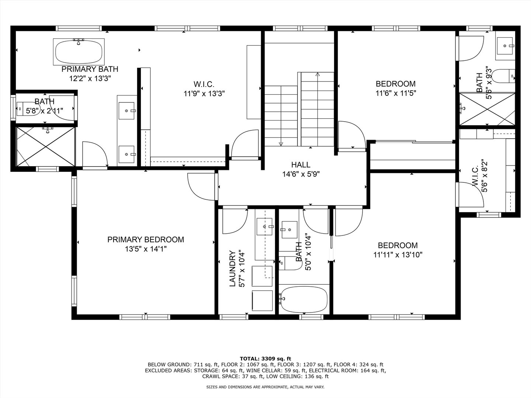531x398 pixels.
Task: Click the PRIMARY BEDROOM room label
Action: pyautogui.click(x=146, y=240)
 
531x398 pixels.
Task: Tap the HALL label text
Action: pyautogui.click(x=301, y=165)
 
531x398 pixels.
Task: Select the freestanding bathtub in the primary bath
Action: pyautogui.click(x=79, y=52)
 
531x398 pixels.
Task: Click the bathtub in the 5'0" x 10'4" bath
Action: pyautogui.click(x=304, y=299)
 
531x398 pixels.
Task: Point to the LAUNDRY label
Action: pyautogui.click(x=232, y=269)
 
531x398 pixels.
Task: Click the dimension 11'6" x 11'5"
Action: pyautogui.click(x=396, y=93)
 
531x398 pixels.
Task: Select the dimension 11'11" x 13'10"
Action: pyautogui.click(x=398, y=255)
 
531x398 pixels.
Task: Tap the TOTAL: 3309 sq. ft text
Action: pyautogui.click(x=265, y=359)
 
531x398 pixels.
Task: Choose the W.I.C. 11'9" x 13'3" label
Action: pyautogui.click(x=204, y=89)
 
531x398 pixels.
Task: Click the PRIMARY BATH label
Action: pyautogui.click(x=90, y=69)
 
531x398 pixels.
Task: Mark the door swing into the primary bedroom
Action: pyautogui.click(x=201, y=187)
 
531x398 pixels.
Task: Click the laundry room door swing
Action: pyautogui.click(x=235, y=221)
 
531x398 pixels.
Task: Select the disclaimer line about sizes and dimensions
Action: pyautogui.click(x=265, y=387)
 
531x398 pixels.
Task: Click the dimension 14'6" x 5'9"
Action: pyautogui.click(x=301, y=174)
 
